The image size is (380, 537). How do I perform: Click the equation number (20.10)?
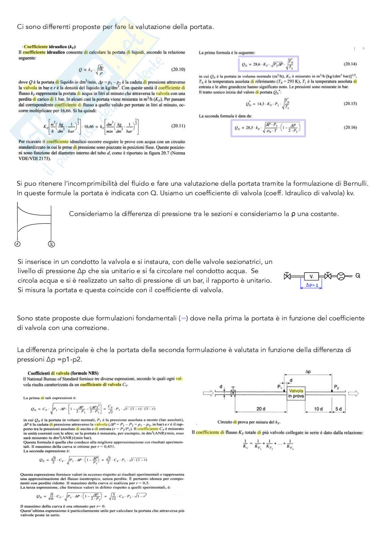pos(178,70)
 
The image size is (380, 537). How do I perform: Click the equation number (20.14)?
pos(350,64)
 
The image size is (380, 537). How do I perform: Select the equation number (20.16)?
pos(350,128)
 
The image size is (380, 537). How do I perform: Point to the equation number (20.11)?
pos(178,126)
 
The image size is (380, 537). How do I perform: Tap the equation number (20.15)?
pos(350,103)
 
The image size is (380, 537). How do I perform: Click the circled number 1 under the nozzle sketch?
pos(17,244)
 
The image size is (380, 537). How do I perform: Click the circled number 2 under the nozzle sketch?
pos(51,244)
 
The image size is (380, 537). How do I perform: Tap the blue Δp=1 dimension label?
pos(312,285)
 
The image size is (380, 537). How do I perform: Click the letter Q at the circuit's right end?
pos(358,276)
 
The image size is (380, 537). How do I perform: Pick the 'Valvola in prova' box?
pos(296,393)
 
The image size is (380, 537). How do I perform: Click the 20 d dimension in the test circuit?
pos(261,409)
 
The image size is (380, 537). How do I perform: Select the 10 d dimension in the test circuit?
pos(318,409)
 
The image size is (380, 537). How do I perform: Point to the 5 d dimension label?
pos(338,409)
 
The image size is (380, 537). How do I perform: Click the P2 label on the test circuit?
pos(336,387)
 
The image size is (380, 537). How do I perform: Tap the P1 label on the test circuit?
pos(280,387)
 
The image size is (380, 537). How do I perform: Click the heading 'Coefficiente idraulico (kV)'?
pos(50,47)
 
